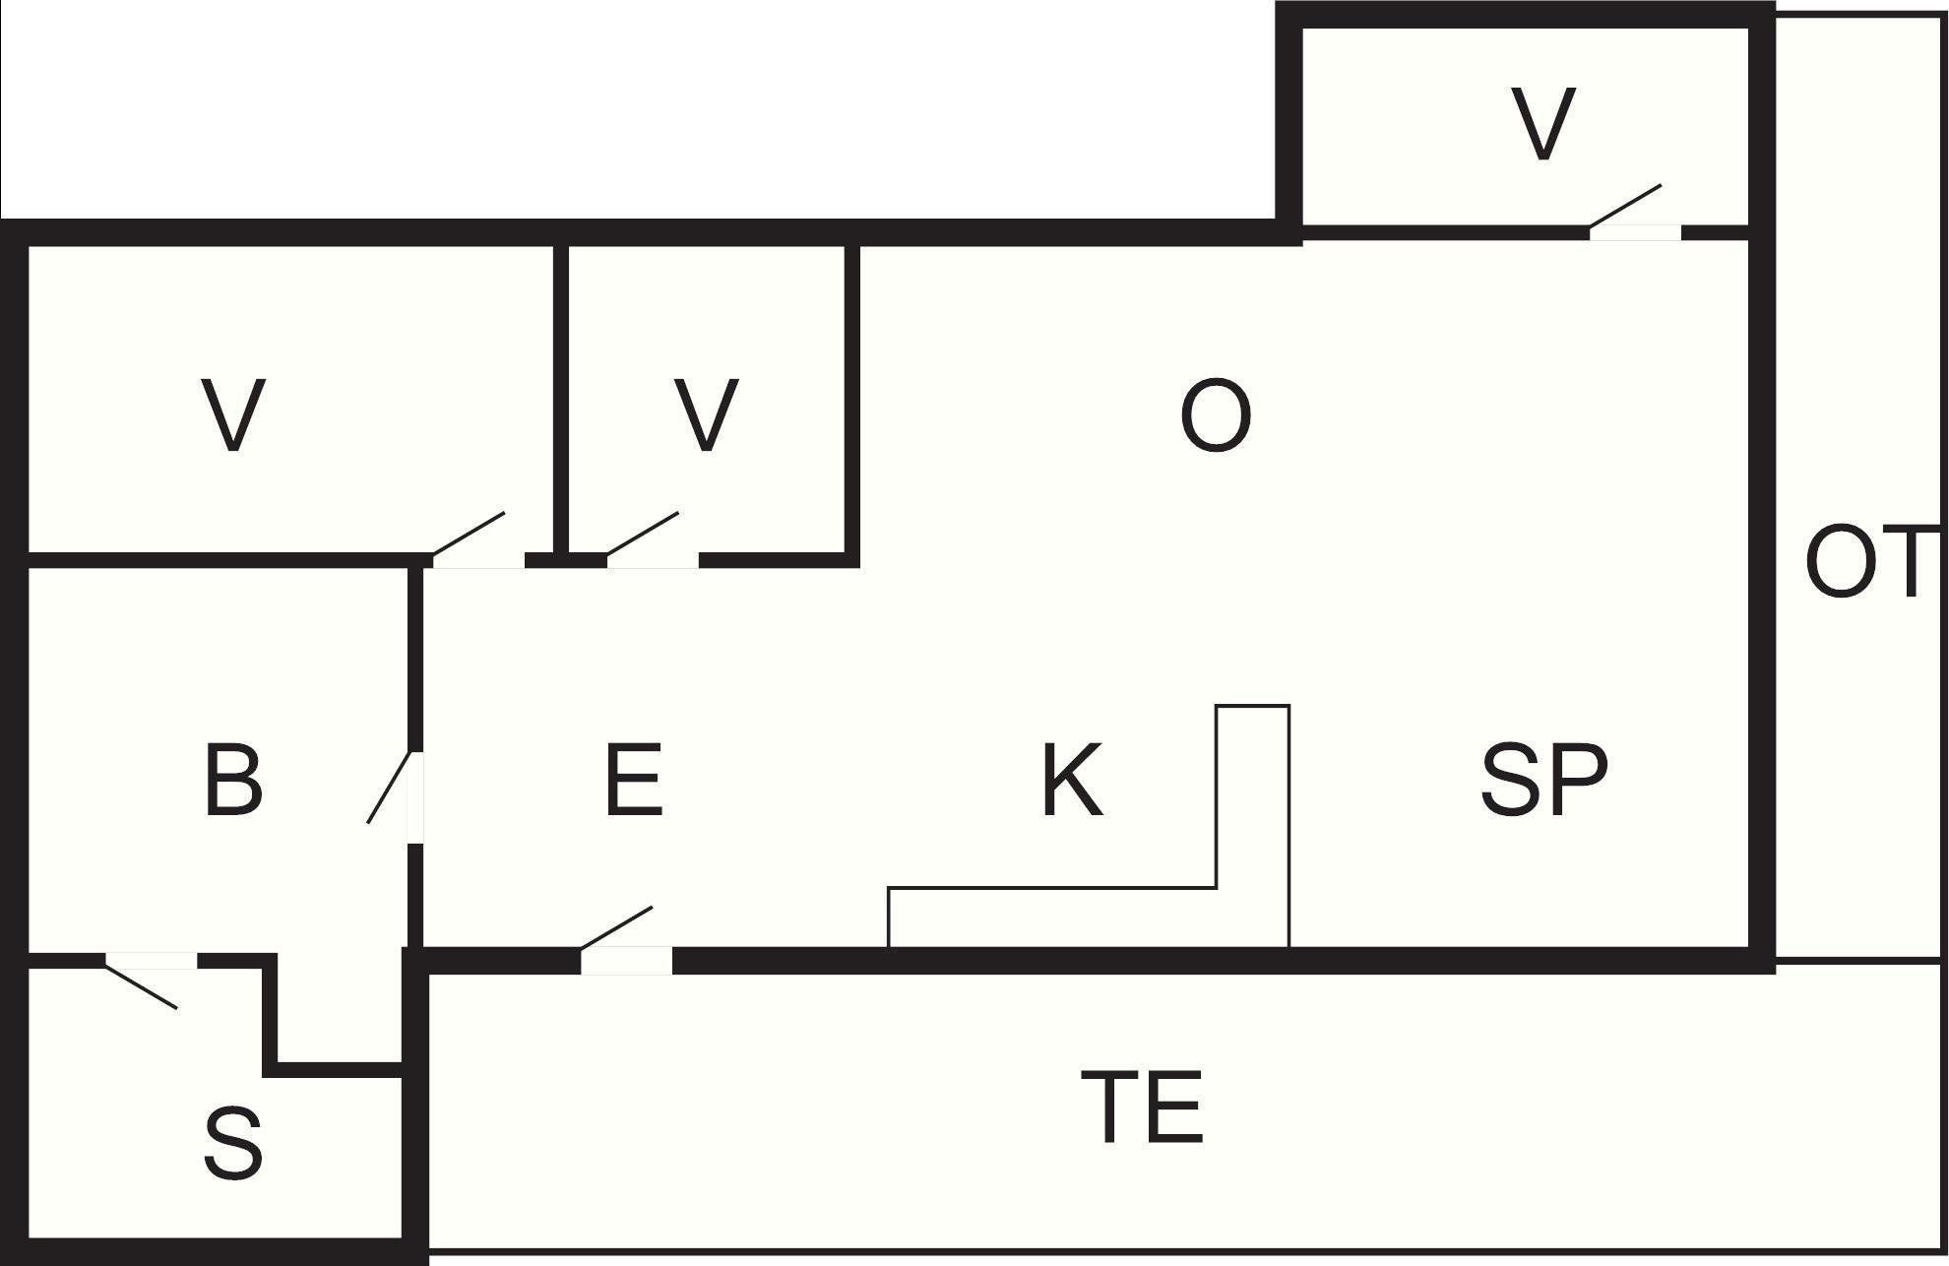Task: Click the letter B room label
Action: [x=233, y=782]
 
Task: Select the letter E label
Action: [x=633, y=782]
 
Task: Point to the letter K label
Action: [x=1072, y=782]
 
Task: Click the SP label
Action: [x=1543, y=782]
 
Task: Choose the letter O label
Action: [x=1216, y=417]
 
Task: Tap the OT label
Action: [x=1862, y=563]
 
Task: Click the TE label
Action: [x=1142, y=1108]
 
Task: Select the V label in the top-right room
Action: [x=1542, y=124]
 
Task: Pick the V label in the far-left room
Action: [x=233, y=415]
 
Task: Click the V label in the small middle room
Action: [x=706, y=415]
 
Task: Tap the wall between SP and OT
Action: [x=1762, y=591]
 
